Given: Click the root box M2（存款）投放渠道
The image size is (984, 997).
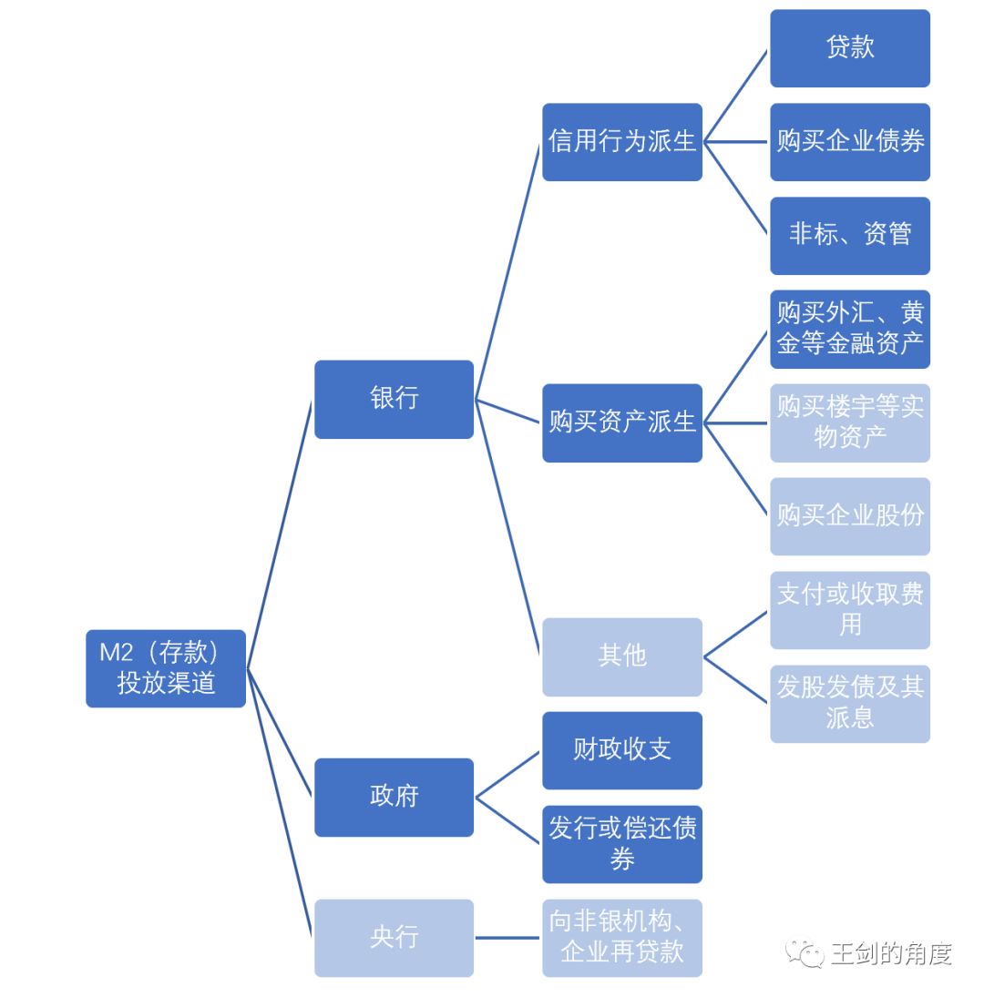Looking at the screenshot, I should (166, 668).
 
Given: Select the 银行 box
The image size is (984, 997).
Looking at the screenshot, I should (394, 399).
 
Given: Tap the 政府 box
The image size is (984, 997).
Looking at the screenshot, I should (394, 797).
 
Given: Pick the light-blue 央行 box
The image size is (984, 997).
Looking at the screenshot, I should (394, 938).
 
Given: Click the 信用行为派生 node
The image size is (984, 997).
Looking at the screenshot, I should (622, 142).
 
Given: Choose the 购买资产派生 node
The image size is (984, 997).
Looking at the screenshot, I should (622, 422).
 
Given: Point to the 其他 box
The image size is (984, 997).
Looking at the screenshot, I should (622, 656).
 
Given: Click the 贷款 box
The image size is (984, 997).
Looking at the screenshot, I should (850, 48).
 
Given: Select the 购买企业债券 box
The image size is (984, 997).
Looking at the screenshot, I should (850, 142).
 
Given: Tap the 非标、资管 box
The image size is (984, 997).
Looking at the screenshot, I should (850, 235).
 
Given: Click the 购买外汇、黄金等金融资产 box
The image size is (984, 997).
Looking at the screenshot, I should (850, 329).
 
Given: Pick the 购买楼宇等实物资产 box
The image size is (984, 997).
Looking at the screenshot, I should (850, 422).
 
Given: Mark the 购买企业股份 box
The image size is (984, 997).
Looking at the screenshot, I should (850, 516).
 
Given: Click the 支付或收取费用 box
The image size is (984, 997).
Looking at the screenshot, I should (850, 610).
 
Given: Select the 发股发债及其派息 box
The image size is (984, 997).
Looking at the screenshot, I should (850, 703).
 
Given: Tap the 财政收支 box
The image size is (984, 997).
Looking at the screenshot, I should (622, 750).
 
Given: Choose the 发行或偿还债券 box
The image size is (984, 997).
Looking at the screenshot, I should (622, 844).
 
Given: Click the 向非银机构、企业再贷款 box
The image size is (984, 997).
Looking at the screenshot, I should (622, 938).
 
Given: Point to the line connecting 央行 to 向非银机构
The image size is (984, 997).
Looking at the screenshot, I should (507, 938).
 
